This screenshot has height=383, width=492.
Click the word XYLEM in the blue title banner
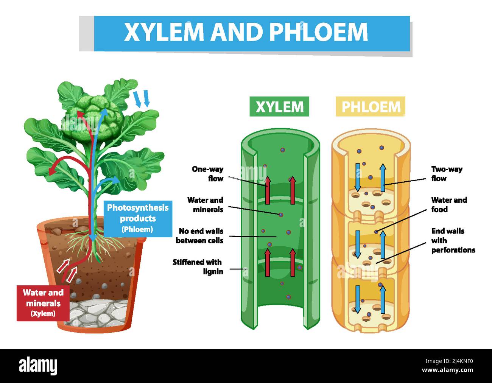click(165, 32)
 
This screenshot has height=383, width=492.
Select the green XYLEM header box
click(279, 106)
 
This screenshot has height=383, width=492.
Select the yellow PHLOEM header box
click(371, 106)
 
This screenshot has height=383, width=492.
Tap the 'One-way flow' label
click(207, 174)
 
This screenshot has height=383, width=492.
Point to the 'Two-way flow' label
click(447, 174)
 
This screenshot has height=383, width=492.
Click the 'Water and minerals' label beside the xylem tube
click(205, 205)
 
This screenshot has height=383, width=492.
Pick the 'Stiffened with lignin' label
click(198, 267)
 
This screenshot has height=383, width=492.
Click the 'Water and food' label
click(449, 205)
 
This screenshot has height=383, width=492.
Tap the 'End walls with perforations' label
click(453, 240)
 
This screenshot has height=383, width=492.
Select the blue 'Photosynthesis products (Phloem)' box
click(137, 218)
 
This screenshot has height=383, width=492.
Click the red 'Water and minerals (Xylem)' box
click(43, 303)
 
